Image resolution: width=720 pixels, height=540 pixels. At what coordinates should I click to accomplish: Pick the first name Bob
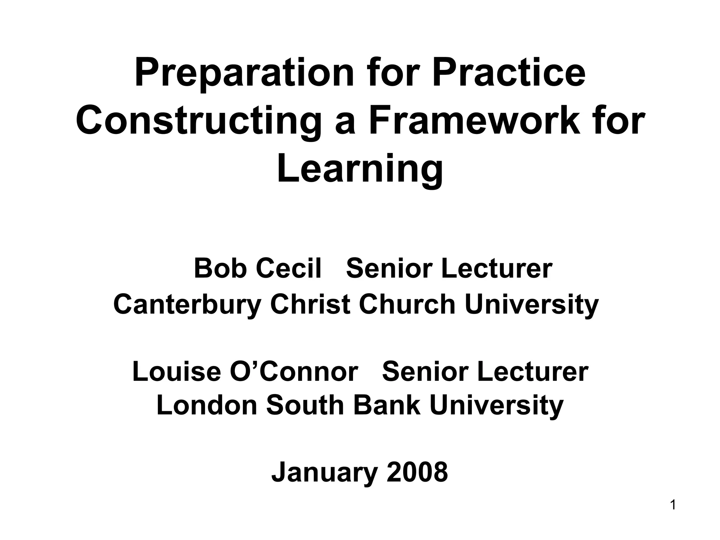[220, 268]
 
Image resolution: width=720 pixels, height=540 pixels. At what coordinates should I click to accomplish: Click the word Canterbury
[187, 305]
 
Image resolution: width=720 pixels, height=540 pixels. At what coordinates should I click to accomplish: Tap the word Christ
[310, 304]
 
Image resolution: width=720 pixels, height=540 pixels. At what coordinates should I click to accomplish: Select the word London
[207, 405]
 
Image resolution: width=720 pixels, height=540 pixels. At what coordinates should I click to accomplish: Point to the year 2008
[417, 472]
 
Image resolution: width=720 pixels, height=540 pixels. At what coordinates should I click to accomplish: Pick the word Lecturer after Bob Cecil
[496, 268]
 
